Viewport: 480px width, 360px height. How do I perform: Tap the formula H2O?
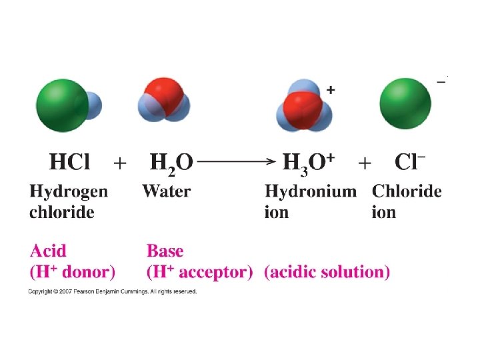171,163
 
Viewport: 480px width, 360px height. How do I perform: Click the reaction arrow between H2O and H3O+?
237,161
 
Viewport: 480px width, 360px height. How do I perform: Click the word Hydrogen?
69,192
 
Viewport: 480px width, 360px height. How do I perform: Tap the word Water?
167,191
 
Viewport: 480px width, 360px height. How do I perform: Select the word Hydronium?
311,192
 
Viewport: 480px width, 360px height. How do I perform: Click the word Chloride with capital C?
407,191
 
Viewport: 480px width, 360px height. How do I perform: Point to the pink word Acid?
49,251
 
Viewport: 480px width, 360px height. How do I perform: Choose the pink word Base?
165,251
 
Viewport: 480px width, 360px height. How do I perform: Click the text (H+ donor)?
73,272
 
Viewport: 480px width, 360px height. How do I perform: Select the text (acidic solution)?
327,272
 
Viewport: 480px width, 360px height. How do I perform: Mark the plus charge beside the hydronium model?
330,89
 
